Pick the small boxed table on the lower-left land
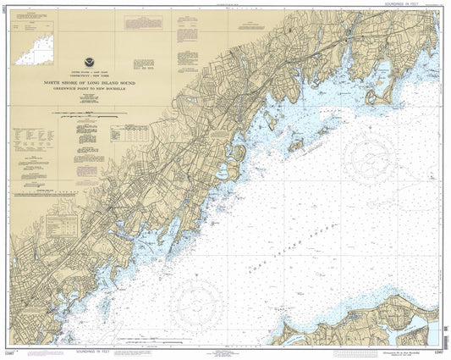[59, 224]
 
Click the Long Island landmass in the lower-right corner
[398, 318]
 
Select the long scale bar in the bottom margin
[226, 351]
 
